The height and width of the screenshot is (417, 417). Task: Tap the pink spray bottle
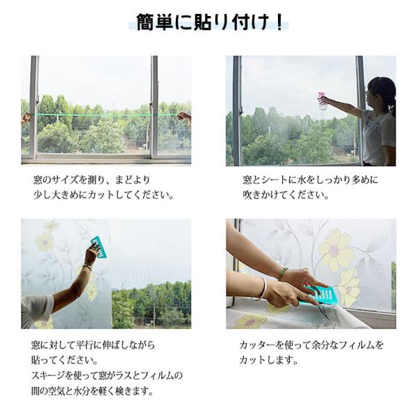click(322, 101)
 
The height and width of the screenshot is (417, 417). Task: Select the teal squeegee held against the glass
click(99, 247)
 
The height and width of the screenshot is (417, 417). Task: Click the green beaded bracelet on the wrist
click(283, 272)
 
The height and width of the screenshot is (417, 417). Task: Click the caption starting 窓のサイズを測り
click(92, 180)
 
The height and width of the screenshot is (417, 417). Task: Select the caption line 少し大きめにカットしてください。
click(104, 195)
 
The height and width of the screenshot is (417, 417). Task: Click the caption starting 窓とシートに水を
click(310, 180)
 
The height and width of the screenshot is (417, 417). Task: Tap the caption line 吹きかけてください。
click(286, 195)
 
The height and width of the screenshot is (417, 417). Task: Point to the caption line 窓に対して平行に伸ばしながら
click(93, 345)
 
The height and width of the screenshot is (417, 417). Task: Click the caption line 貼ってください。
click(65, 360)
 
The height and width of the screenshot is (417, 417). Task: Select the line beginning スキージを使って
click(107, 375)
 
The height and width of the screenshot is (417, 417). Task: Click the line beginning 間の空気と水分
click(92, 391)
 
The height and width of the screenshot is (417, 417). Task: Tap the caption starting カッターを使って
click(311, 345)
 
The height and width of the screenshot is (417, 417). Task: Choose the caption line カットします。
click(268, 360)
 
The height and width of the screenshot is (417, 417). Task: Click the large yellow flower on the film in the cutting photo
click(333, 250)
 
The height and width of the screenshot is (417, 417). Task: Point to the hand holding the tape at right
click(184, 117)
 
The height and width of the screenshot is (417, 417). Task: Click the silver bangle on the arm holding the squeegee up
click(88, 267)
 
